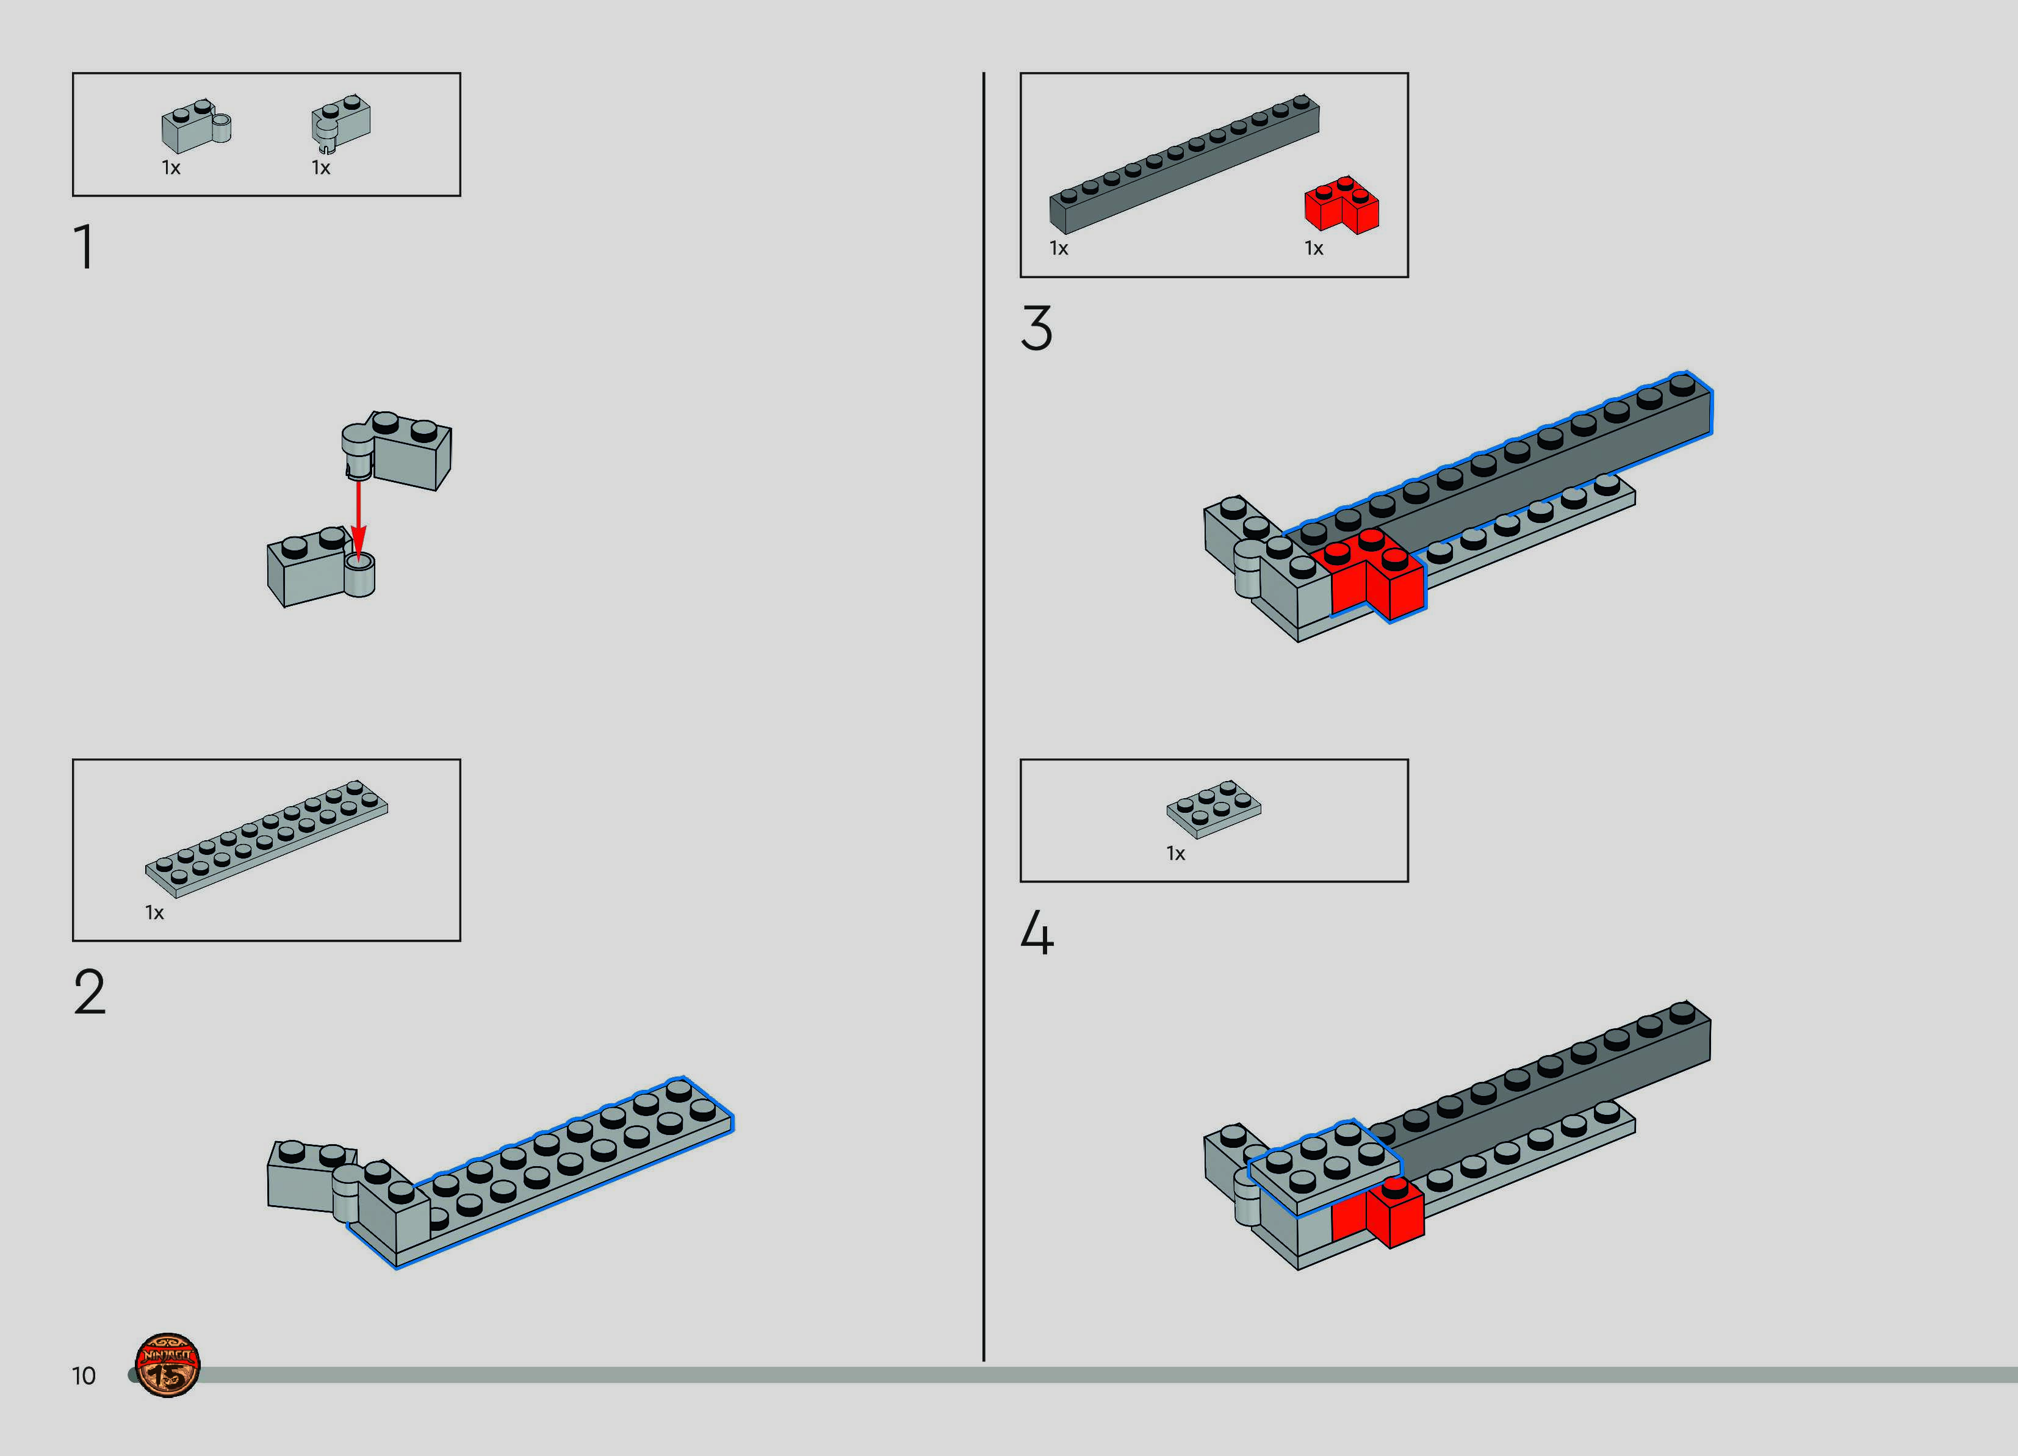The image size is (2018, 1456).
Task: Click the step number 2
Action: click(x=90, y=992)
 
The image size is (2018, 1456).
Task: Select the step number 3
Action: click(x=1037, y=328)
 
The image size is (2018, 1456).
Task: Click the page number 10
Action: click(x=84, y=1376)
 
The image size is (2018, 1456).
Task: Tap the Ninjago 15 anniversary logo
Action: click(x=167, y=1365)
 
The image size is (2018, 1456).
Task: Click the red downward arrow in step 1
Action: click(x=359, y=520)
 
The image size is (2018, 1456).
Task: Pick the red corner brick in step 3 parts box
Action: click(x=1342, y=204)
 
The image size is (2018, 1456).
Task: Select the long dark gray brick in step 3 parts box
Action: click(x=1184, y=164)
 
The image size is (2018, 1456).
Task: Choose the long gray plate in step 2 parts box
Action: click(x=266, y=839)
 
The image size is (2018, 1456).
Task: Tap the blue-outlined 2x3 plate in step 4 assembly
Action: click(x=1324, y=1167)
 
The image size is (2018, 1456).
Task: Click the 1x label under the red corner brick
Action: click(x=1314, y=248)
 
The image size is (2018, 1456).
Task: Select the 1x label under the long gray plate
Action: click(x=155, y=913)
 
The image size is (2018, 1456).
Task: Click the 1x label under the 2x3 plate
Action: click(x=1177, y=854)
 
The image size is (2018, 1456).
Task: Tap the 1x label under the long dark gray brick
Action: click(x=1059, y=248)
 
